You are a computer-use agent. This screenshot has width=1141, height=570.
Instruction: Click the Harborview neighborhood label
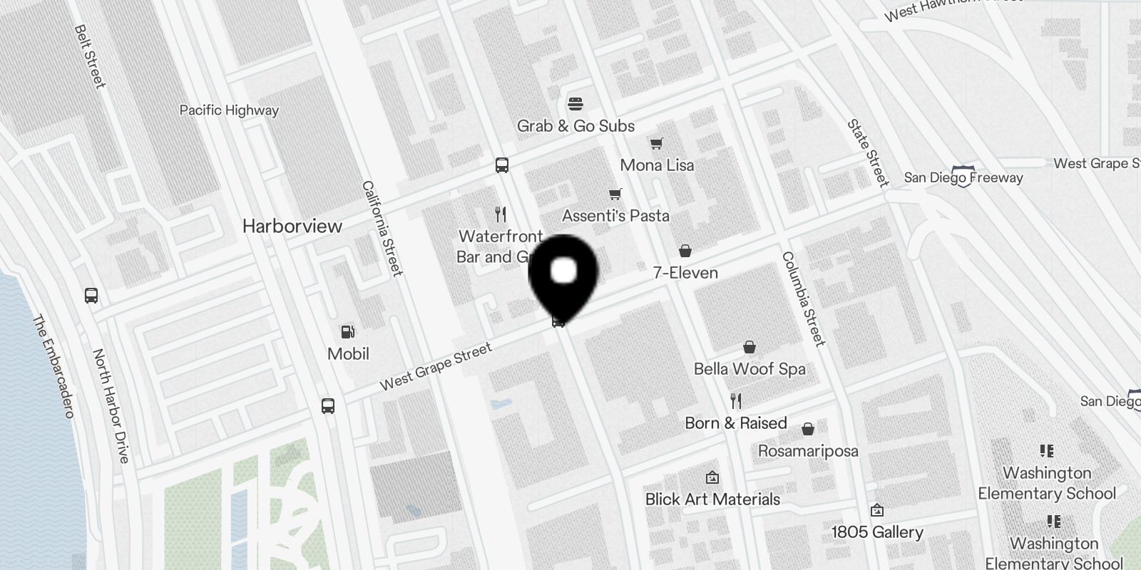pyautogui.click(x=292, y=227)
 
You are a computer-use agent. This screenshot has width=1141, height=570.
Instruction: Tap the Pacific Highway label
pyautogui.click(x=229, y=110)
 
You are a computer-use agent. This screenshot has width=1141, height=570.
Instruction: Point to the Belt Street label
pyautogui.click(x=90, y=57)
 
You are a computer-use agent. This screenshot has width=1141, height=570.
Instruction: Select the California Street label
pyautogui.click(x=382, y=228)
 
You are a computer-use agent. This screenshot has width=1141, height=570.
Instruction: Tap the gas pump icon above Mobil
pyautogui.click(x=348, y=332)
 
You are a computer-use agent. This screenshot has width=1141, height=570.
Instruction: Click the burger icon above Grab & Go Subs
pyautogui.click(x=575, y=104)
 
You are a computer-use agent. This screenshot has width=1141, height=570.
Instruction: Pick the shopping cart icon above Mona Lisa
pyautogui.click(x=656, y=144)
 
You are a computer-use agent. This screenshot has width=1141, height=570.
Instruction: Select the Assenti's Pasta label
pyautogui.click(x=615, y=216)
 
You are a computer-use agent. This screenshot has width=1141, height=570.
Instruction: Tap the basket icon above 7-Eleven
pyautogui.click(x=685, y=251)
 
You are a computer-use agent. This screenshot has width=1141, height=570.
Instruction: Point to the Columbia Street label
pyautogui.click(x=804, y=299)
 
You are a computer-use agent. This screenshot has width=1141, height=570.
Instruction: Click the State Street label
pyautogui.click(x=868, y=152)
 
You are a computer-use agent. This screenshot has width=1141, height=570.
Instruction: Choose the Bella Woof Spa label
pyautogui.click(x=749, y=369)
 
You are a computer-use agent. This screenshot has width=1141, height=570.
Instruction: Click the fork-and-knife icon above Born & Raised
pyautogui.click(x=736, y=401)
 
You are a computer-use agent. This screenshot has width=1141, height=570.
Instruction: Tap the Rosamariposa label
pyautogui.click(x=808, y=451)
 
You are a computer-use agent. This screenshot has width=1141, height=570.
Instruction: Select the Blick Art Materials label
pyautogui.click(x=712, y=499)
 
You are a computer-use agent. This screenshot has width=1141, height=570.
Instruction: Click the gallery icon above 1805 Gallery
pyautogui.click(x=877, y=510)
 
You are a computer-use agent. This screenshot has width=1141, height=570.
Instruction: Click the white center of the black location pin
pyautogui.click(x=563, y=271)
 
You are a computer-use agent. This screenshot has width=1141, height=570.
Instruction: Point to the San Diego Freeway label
pyautogui.click(x=963, y=177)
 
